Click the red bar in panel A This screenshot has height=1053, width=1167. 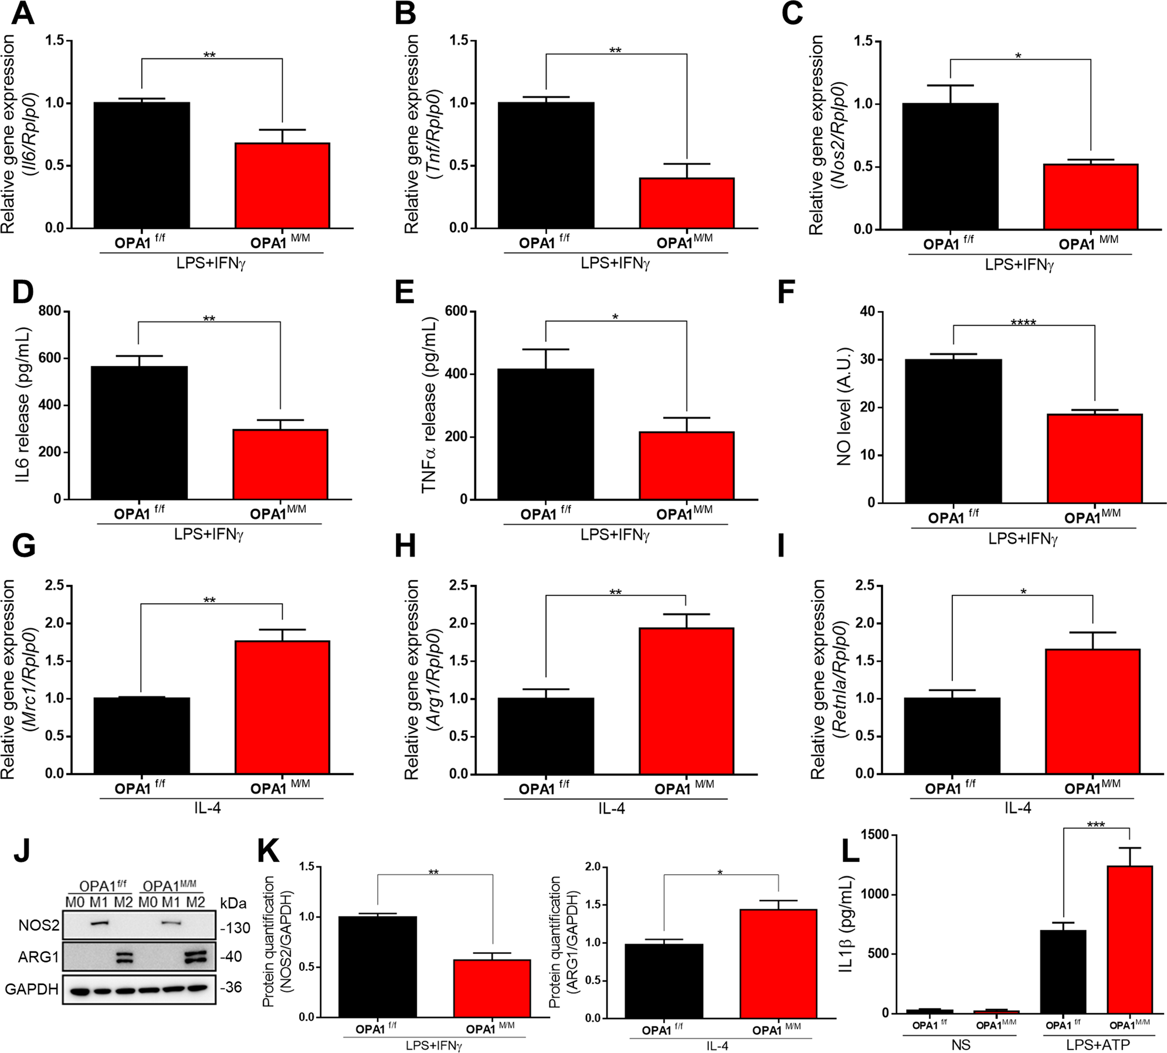coord(282,185)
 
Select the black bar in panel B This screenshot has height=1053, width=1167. coord(546,165)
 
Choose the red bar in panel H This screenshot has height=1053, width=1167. coord(686,701)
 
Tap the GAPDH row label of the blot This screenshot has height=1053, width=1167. coord(32,989)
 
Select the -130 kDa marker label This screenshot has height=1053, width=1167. coord(235,928)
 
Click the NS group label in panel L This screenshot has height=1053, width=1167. coord(961,1045)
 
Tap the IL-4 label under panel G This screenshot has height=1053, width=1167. coord(208,808)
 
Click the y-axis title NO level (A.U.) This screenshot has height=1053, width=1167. coord(844,407)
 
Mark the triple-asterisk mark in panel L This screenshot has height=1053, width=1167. coord(1095,825)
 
